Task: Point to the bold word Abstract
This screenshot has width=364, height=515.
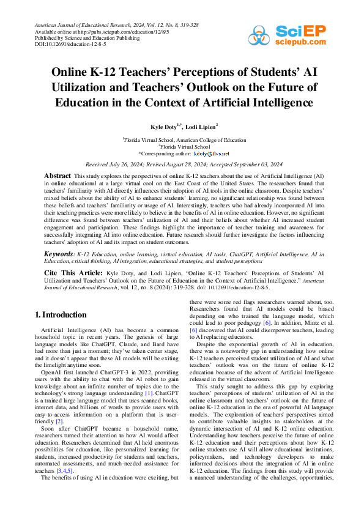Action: coord(58,174)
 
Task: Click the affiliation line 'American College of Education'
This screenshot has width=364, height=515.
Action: coord(207,140)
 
